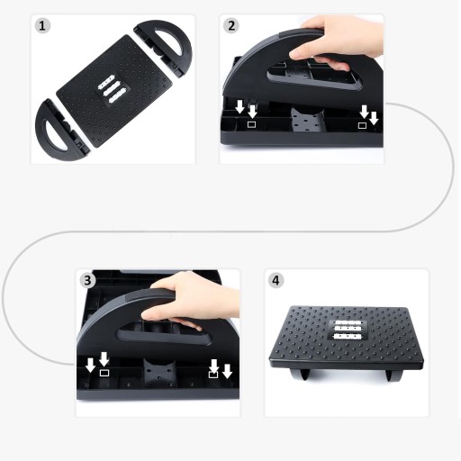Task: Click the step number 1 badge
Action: pyautogui.click(x=42, y=25)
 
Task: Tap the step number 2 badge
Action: pyautogui.click(x=231, y=25)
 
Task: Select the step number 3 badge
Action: pyautogui.click(x=87, y=280)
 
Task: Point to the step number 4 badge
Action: pyautogui.click(x=276, y=280)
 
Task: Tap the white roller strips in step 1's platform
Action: pyautogui.click(x=111, y=89)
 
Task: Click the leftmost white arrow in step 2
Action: pyautogui.click(x=240, y=107)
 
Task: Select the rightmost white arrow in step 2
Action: pyautogui.click(x=374, y=118)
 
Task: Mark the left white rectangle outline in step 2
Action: pyautogui.click(x=251, y=124)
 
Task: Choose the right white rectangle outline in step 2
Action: pyautogui.click(x=362, y=125)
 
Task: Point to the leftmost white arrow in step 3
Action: pyautogui.click(x=90, y=365)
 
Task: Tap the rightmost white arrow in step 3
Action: pyautogui.click(x=227, y=371)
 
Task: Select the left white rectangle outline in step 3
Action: pyautogui.click(x=104, y=373)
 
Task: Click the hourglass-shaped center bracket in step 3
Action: pyautogui.click(x=158, y=372)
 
